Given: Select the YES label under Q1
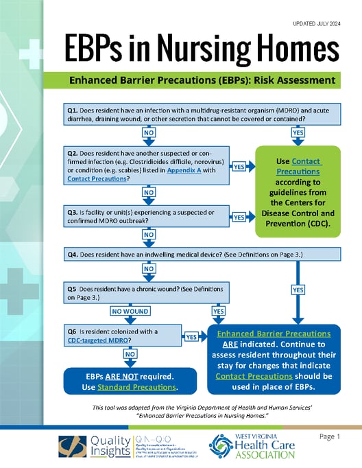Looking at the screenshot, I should pos(298,132).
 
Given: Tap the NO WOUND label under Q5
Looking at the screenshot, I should pos(130,312).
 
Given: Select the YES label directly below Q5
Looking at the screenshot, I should pos(219,312).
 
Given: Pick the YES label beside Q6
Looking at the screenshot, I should pos(191,337).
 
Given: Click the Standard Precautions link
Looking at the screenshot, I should pos(146,388).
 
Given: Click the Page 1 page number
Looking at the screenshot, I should pos(329,436).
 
